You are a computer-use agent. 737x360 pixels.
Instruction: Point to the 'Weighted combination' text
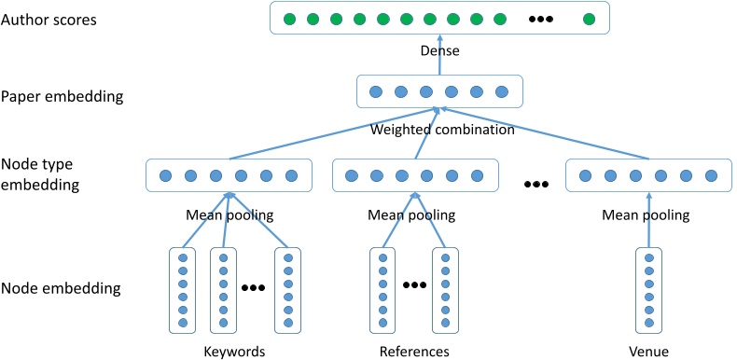[x=442, y=130]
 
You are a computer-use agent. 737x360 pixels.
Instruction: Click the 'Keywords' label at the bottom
[x=234, y=352]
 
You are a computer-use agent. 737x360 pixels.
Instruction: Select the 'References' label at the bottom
[x=414, y=352]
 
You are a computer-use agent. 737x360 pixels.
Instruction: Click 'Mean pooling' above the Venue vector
[x=646, y=215]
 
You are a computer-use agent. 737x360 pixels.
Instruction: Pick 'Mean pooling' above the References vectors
[x=411, y=215]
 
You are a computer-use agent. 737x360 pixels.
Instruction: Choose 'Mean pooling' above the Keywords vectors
[x=229, y=215]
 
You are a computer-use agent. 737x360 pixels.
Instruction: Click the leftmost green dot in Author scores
[x=289, y=19]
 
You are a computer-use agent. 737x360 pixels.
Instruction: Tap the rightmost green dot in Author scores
[x=588, y=19]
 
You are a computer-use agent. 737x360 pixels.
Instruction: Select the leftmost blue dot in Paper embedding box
[x=377, y=92]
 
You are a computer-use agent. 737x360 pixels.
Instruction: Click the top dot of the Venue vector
[x=647, y=258]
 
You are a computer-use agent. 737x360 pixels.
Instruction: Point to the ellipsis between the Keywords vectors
[x=254, y=288]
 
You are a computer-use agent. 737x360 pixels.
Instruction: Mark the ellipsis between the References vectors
[x=414, y=284]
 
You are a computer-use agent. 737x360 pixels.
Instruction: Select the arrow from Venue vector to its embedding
[x=647, y=219]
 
